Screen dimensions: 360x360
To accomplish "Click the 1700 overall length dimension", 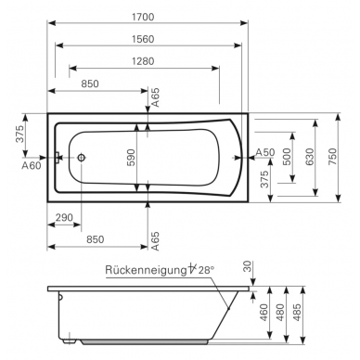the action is click(143, 17).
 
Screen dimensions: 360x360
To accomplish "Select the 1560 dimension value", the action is click(143, 39).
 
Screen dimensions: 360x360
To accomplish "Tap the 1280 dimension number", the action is click(143, 61).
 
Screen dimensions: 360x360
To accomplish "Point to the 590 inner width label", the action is click(132, 158).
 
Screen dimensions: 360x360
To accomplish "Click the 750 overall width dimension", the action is click(332, 157).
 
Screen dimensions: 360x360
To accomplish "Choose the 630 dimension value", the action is click(309, 157).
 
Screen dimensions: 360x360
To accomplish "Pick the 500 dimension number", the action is click(287, 157).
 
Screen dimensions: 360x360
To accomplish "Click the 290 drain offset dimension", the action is click(64, 217).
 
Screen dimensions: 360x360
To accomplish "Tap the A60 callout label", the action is click(32, 166).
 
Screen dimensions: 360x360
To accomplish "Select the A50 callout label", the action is click(265, 152).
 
